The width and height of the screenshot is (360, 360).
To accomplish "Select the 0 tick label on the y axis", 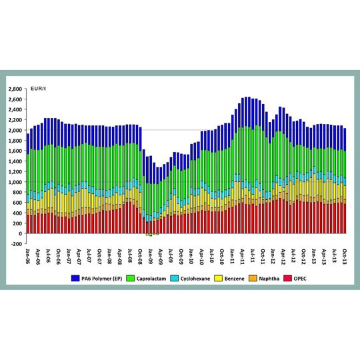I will click(20, 233).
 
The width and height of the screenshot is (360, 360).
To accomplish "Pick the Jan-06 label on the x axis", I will click(28, 256).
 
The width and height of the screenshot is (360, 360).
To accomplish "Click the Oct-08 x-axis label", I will click(141, 256).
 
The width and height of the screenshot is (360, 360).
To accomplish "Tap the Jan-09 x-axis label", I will click(151, 256).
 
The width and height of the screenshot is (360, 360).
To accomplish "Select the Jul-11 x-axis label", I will click(253, 256).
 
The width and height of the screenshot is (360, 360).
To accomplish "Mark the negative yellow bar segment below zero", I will click(151, 235).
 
